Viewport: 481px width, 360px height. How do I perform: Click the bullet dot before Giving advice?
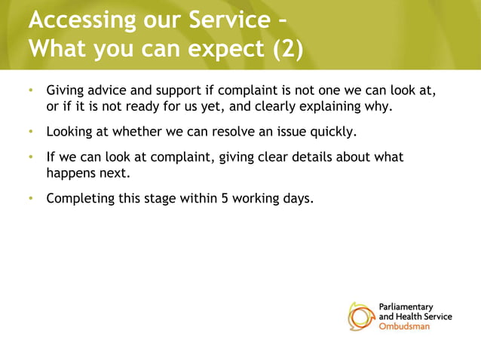[x=31, y=91]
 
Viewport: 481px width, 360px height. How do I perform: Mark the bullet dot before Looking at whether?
[x=31, y=133]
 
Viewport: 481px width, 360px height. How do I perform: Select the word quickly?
[x=334, y=133]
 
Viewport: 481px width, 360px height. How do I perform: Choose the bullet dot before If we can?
[x=31, y=157]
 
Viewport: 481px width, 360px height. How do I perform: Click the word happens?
[x=71, y=174]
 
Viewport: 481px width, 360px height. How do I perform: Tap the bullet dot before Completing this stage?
[x=31, y=200]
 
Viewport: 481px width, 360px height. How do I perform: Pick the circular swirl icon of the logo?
[x=361, y=316]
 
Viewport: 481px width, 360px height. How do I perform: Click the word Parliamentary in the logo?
[x=405, y=307]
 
